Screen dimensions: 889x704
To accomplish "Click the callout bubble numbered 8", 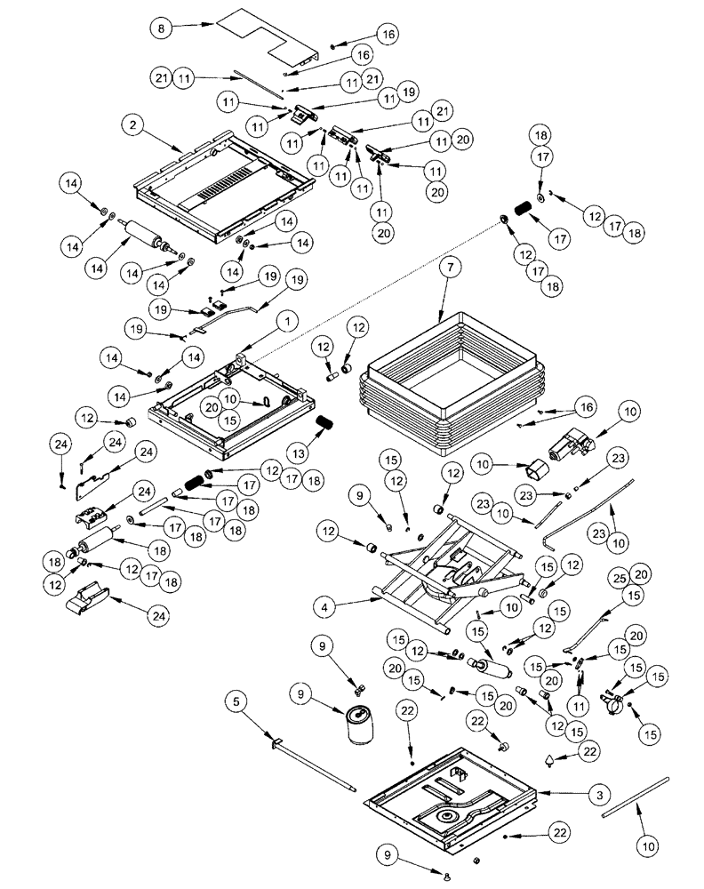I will [160, 28].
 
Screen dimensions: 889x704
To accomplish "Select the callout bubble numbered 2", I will [132, 126].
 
